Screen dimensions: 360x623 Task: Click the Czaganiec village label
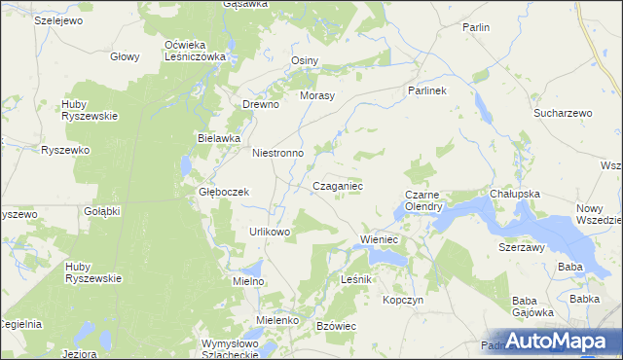338,185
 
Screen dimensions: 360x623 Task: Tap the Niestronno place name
278,154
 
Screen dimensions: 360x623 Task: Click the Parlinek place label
425,90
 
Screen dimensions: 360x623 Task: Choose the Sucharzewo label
563,114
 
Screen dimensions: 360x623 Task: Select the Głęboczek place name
224,193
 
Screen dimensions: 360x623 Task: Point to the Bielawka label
219,138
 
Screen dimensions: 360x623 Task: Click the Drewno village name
261,104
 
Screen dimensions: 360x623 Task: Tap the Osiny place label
305,60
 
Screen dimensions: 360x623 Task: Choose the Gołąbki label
102,211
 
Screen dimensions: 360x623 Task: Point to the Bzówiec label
338,325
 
